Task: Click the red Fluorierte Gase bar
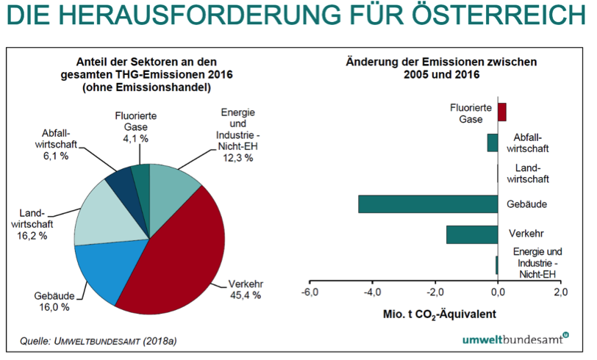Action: tap(502, 112)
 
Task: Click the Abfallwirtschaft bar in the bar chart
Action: tap(493, 143)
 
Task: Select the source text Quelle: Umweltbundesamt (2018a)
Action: tap(109, 341)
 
